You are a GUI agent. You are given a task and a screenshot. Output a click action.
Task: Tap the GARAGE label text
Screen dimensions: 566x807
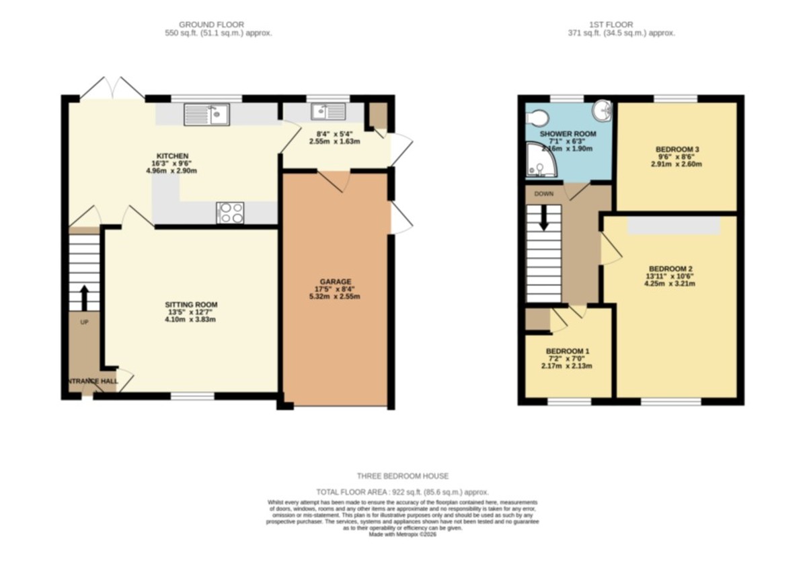click(x=335, y=281)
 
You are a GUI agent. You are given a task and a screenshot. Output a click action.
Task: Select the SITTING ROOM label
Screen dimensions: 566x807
click(x=193, y=304)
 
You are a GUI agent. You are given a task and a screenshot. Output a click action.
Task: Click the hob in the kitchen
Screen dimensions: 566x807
click(x=230, y=213)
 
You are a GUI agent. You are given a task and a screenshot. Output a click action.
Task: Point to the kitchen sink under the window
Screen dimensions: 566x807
click(x=206, y=114)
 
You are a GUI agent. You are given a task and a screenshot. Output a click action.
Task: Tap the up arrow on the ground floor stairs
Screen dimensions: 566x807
click(x=85, y=297)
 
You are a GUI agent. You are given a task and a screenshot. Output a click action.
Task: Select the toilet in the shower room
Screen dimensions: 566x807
click(x=537, y=118)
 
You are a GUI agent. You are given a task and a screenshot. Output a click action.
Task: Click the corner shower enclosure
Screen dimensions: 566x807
click(x=540, y=162)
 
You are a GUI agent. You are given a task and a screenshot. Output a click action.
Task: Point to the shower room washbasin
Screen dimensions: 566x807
click(x=603, y=110)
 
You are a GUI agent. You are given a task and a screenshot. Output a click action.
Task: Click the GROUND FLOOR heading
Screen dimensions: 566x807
click(x=211, y=25)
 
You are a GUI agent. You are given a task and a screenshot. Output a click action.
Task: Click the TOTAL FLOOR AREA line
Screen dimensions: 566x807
click(x=402, y=492)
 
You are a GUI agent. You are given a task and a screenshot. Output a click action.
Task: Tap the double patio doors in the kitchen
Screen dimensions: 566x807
click(x=112, y=90)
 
